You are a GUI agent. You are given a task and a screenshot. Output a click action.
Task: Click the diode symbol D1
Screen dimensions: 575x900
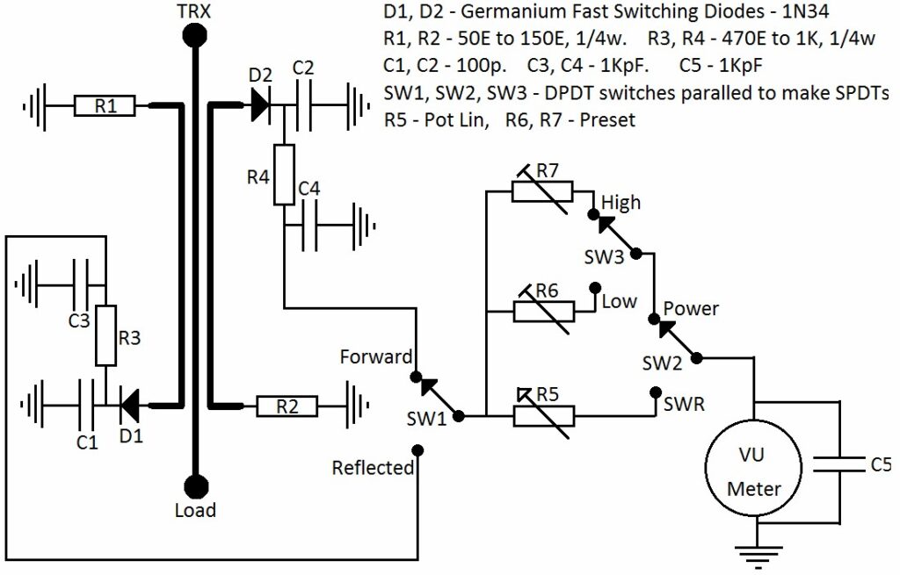130,406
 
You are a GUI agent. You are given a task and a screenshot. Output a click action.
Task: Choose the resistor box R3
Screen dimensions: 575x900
105,335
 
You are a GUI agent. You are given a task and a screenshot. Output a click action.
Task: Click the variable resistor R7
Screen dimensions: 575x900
542,191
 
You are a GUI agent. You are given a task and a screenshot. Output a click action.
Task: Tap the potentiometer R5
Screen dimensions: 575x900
542,415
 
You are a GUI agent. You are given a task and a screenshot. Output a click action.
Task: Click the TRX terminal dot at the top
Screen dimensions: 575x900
193,36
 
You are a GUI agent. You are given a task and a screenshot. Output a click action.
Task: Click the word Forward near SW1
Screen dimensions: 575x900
376,357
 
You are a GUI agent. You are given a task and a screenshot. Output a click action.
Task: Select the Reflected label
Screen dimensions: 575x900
373,468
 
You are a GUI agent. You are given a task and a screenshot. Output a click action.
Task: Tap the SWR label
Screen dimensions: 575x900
683,406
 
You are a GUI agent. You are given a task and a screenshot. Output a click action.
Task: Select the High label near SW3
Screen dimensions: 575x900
621,203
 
